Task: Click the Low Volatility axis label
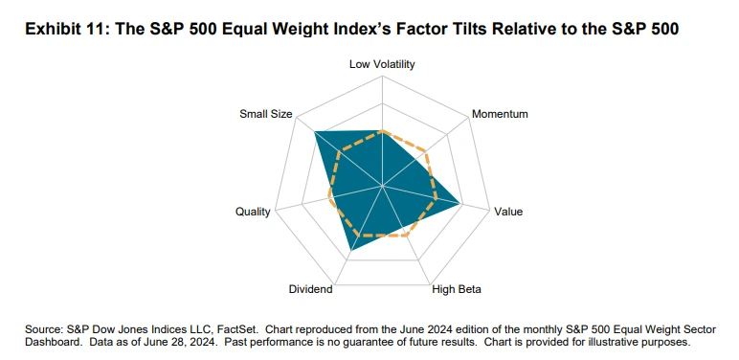[382, 64]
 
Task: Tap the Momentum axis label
[500, 114]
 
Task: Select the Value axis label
[508, 212]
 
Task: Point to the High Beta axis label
[457, 289]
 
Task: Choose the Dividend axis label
[310, 289]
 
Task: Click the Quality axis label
[253, 212]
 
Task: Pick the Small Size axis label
[266, 114]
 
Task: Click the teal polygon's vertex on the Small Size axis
[314, 131]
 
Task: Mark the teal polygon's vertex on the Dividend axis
[350, 251]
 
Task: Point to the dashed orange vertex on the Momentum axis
[426, 151]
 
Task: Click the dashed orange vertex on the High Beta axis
[405, 236]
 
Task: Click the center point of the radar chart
[382, 186]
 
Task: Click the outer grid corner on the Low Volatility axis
[382, 77]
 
